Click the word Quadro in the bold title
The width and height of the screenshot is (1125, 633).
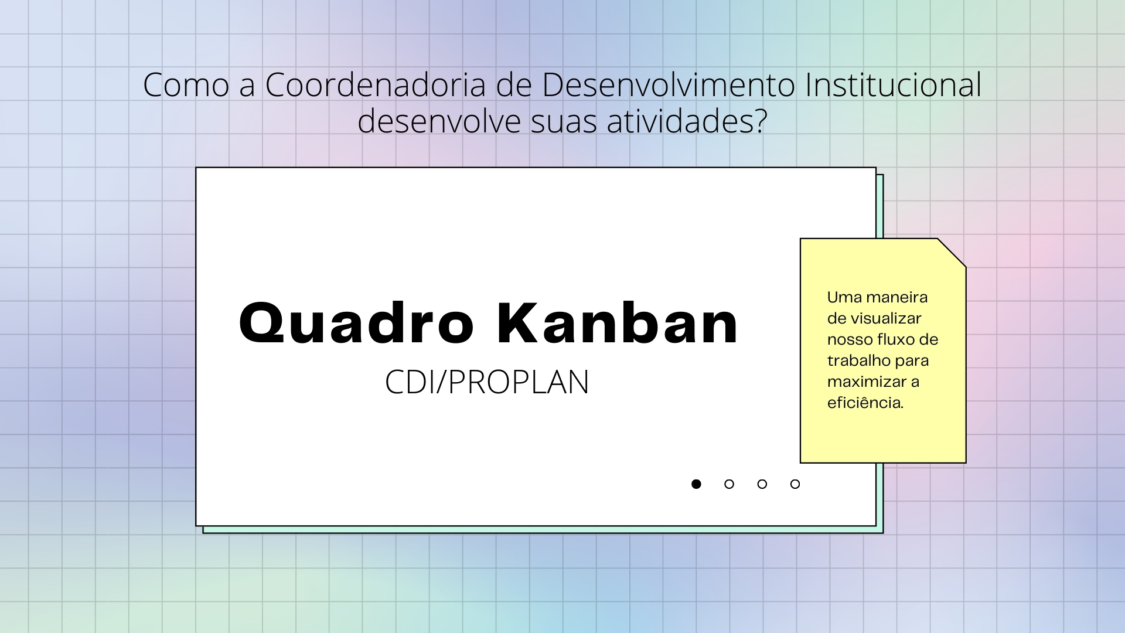tap(356, 323)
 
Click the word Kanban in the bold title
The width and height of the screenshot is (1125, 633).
tap(618, 322)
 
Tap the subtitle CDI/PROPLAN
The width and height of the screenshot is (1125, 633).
tap(487, 382)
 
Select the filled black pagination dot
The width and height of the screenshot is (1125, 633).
tap(696, 484)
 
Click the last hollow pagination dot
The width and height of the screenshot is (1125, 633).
tap(795, 484)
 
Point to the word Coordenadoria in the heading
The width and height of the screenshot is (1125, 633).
tap(376, 84)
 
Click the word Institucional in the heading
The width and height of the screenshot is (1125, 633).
tap(894, 84)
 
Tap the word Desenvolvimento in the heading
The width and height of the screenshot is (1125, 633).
tap(669, 84)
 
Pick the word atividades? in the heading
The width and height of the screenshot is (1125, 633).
tap(687, 121)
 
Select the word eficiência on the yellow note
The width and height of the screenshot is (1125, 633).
tap(865, 403)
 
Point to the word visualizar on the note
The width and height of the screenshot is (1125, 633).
tap(885, 318)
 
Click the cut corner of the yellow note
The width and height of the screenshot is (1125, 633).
tap(952, 253)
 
